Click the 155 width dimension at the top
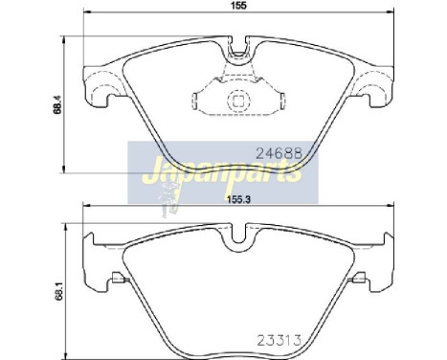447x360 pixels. click(x=235, y=7)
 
